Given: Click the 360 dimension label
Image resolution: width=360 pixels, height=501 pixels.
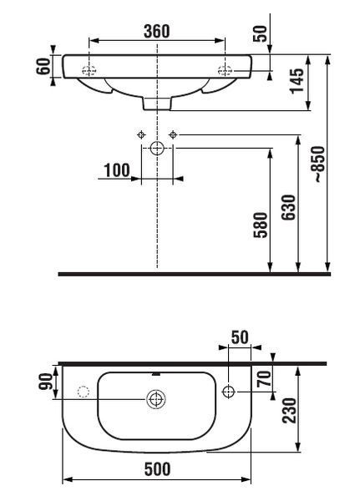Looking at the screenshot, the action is [x=157, y=31].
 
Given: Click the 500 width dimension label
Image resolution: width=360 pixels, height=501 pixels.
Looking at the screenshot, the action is [x=157, y=468].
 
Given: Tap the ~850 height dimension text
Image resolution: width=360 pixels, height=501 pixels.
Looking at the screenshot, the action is [x=319, y=164].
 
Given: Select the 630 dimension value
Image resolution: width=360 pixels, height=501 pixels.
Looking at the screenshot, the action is [x=289, y=207].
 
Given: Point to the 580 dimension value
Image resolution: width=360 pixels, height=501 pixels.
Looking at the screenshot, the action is [x=261, y=225].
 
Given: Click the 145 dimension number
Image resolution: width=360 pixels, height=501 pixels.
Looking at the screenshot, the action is [x=297, y=80].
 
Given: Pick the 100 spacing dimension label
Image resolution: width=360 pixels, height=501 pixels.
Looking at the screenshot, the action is [x=117, y=170].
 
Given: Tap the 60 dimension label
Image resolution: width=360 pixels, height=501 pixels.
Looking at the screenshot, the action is [x=43, y=66].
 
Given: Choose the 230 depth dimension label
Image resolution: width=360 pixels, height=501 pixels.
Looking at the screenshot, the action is [x=289, y=411].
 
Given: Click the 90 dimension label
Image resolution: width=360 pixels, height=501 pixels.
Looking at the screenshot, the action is [x=45, y=382].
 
